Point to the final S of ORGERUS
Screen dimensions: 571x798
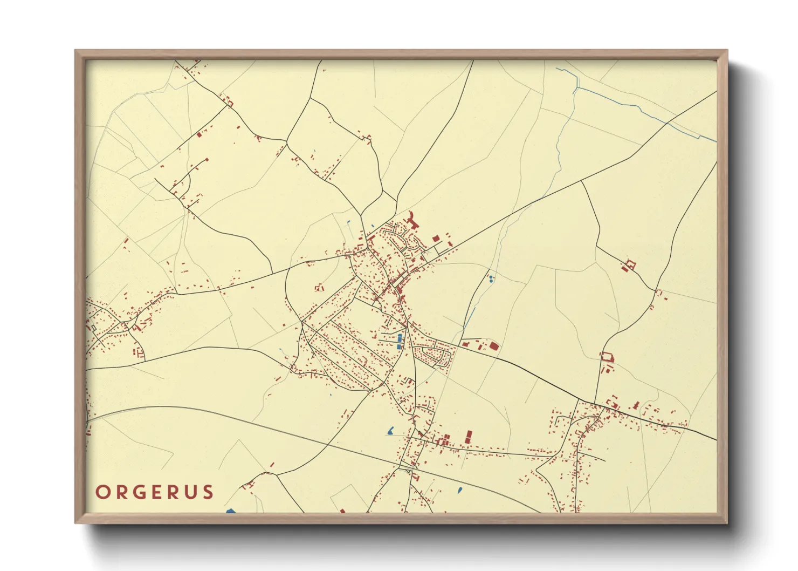click(208, 492)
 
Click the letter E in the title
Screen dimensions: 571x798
click(157, 492)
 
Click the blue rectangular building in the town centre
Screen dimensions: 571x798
click(400, 341)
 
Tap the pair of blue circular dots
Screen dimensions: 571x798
click(491, 278)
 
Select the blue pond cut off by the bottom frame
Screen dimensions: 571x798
click(231, 510)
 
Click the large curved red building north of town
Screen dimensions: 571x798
click(413, 220)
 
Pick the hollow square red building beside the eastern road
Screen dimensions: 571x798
click(608, 357)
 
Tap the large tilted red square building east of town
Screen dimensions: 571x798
click(493, 346)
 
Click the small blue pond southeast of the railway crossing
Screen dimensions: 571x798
click(459, 490)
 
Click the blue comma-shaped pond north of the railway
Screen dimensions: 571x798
click(390, 431)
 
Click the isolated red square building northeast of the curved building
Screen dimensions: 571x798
click(436, 238)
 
